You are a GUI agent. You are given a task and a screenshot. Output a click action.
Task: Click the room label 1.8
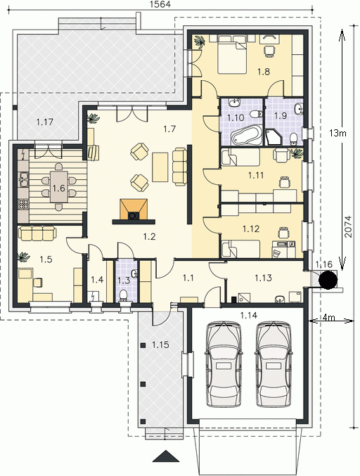click(264, 72)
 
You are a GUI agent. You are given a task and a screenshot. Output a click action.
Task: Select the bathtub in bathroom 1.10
click(246, 136)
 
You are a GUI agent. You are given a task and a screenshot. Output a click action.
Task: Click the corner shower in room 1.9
click(274, 137)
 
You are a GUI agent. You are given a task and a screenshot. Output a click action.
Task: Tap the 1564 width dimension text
click(160, 4)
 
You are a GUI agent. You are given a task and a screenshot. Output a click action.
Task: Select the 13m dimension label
click(337, 133)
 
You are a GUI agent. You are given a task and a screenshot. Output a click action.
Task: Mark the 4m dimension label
click(328, 318)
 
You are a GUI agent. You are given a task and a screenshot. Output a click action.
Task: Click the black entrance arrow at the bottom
click(165, 456)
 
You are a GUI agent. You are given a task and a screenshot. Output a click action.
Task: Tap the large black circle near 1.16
click(328, 279)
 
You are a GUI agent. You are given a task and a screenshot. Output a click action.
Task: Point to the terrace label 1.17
click(44, 122)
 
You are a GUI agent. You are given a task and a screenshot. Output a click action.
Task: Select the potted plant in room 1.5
click(23, 257)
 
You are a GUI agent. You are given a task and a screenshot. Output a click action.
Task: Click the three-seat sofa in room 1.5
click(37, 233)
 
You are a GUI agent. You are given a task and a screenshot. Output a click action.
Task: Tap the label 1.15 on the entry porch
click(160, 345)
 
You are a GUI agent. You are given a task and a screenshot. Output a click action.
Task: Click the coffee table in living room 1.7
click(160, 167)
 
